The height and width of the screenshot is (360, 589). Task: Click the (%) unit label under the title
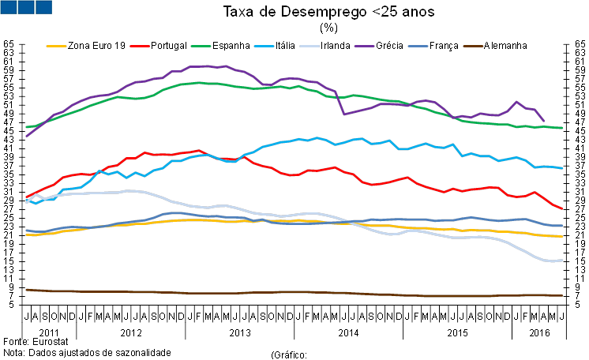(x=328, y=28)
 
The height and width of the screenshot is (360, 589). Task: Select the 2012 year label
(x=131, y=331)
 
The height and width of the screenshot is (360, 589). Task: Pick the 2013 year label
(x=239, y=331)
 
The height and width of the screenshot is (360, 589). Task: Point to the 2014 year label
(x=347, y=331)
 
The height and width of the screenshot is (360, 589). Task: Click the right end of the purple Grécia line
(x=543, y=121)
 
